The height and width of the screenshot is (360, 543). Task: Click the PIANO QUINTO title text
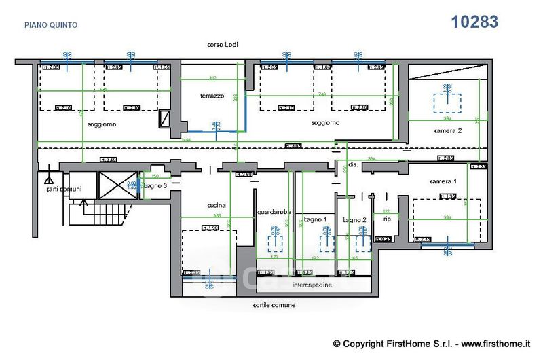click(51, 25)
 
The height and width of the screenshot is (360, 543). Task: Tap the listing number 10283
click(475, 22)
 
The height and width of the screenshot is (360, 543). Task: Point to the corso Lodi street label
click(222, 45)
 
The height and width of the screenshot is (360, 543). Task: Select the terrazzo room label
click(212, 96)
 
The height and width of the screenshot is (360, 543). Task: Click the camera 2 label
click(448, 130)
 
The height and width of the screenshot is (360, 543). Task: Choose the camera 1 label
click(443, 181)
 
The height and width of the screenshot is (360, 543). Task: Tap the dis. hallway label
click(353, 164)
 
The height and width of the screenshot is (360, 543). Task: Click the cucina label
click(216, 206)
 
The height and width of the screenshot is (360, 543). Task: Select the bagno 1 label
click(316, 219)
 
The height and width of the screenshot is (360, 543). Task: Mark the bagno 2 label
click(354, 219)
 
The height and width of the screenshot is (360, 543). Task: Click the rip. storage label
click(388, 219)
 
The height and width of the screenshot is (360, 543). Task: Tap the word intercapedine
click(312, 285)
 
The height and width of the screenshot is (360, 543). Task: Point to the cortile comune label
click(274, 306)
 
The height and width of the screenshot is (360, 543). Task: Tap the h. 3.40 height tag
click(109, 160)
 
